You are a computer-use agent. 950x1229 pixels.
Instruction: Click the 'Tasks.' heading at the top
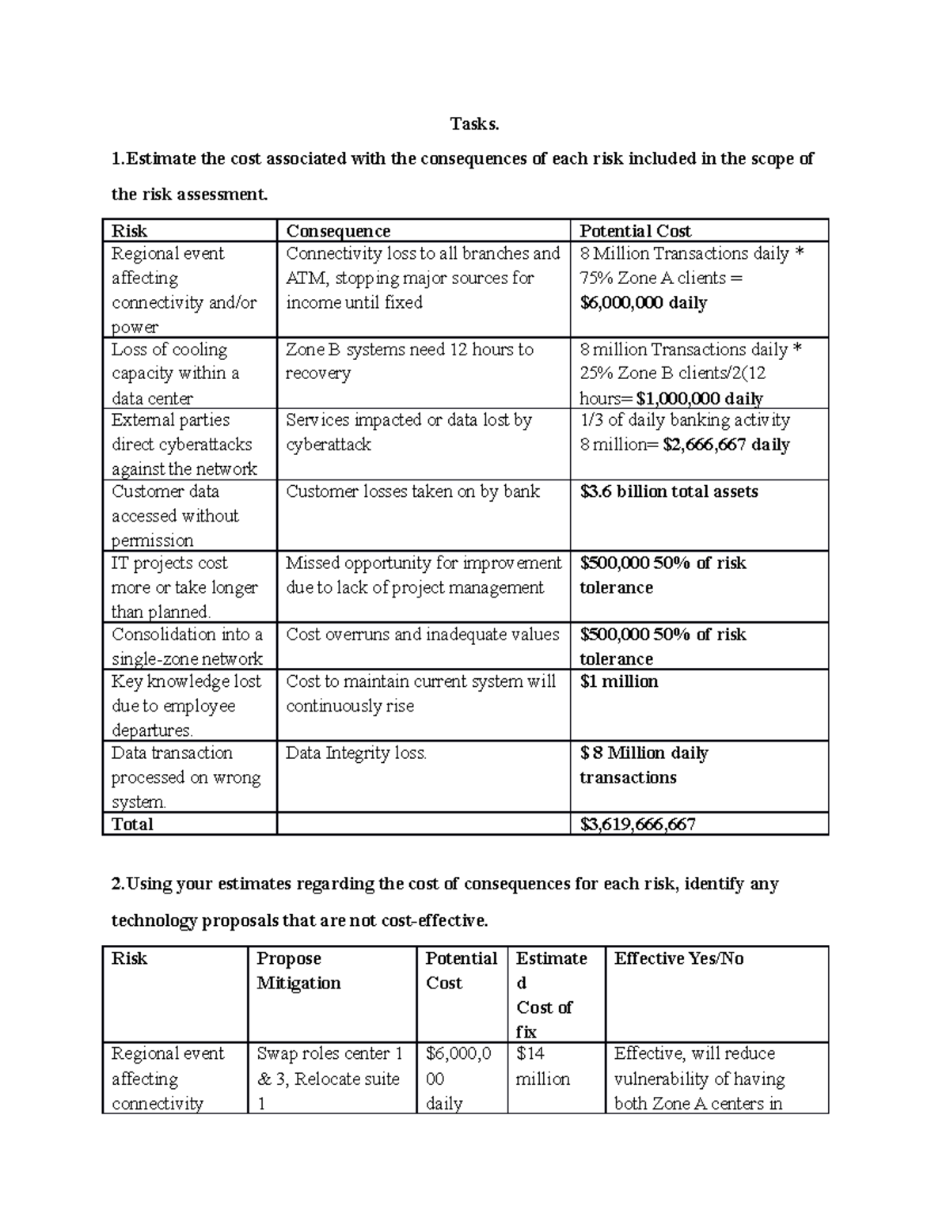click(474, 124)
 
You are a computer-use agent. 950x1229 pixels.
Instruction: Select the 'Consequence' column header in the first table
click(338, 231)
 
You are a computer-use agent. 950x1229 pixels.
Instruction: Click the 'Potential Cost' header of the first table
click(635, 231)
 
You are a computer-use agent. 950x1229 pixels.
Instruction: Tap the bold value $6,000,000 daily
click(643, 303)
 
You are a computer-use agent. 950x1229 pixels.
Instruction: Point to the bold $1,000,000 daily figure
click(700, 398)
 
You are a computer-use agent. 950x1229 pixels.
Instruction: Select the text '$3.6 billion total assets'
click(669, 491)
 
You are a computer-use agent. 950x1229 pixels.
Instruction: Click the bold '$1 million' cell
click(618, 681)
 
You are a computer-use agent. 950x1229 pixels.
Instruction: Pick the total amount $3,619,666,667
click(637, 825)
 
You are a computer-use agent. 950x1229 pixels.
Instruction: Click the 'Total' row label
click(132, 825)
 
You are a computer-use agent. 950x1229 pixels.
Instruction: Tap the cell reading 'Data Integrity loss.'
click(356, 753)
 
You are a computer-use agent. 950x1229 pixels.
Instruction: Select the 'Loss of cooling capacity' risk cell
click(175, 374)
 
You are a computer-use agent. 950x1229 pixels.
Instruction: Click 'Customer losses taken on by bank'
click(412, 491)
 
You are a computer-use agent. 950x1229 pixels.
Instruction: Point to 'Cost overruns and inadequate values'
click(422, 635)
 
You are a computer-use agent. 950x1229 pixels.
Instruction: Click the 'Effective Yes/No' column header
click(678, 959)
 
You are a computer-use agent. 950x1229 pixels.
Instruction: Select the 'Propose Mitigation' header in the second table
click(298, 971)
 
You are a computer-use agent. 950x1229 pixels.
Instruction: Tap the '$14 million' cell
click(542, 1067)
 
